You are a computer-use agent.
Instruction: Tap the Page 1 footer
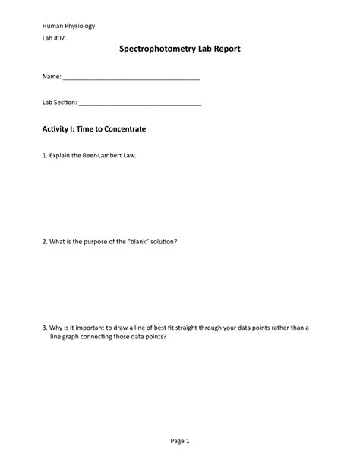180,440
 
